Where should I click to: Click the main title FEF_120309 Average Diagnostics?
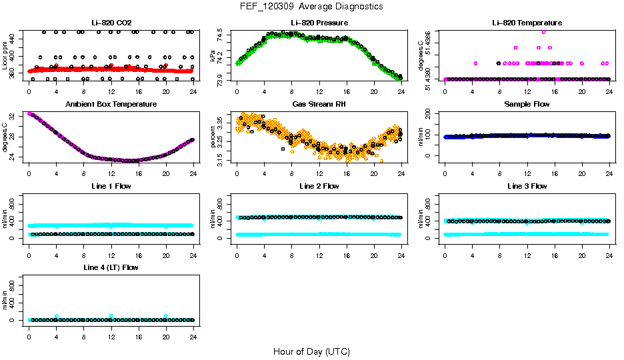(x=312, y=7)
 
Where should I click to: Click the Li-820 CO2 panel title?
(x=111, y=23)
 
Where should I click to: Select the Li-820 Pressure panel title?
(x=319, y=23)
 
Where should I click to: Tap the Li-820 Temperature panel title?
(x=527, y=23)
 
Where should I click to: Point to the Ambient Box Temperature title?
(x=111, y=104)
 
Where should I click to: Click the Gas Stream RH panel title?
(x=319, y=104)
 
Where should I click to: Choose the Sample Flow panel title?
(x=527, y=104)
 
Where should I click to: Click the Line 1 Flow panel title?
(x=111, y=186)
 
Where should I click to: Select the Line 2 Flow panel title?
(x=319, y=186)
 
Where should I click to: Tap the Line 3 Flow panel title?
(x=527, y=186)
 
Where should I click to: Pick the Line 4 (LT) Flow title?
(x=111, y=267)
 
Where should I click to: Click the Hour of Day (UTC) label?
(x=311, y=351)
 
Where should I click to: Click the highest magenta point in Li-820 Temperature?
(x=544, y=32)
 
